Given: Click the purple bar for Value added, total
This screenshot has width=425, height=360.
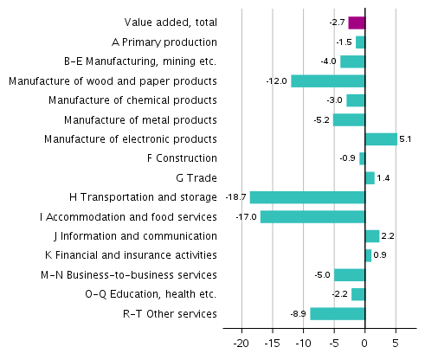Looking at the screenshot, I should (357, 22).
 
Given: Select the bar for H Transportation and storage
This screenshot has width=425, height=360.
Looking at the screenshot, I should (307, 197).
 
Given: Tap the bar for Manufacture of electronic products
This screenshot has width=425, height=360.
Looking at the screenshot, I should (381, 138).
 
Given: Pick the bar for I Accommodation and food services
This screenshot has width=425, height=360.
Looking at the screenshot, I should (312, 216).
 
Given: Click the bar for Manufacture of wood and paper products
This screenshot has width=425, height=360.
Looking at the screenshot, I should (328, 80).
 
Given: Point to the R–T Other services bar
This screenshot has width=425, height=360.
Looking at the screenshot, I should (338, 313).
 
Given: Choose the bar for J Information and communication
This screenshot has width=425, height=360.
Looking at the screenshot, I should (372, 236).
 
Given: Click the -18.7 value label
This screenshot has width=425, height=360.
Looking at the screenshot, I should (235, 197).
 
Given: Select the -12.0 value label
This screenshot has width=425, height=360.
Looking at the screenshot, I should (277, 80).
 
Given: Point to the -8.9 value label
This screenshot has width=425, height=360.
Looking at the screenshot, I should (298, 313).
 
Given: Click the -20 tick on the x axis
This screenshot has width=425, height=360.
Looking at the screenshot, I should (241, 343).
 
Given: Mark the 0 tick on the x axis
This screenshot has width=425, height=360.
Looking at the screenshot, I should (365, 343).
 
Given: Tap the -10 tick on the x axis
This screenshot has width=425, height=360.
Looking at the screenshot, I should (303, 343).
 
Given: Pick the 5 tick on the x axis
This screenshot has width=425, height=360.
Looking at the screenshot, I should (396, 343).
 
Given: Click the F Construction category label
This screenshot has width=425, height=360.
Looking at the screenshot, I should (183, 158).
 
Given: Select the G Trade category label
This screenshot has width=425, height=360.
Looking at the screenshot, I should (196, 177).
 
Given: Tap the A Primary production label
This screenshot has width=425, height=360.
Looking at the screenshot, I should (164, 42).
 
